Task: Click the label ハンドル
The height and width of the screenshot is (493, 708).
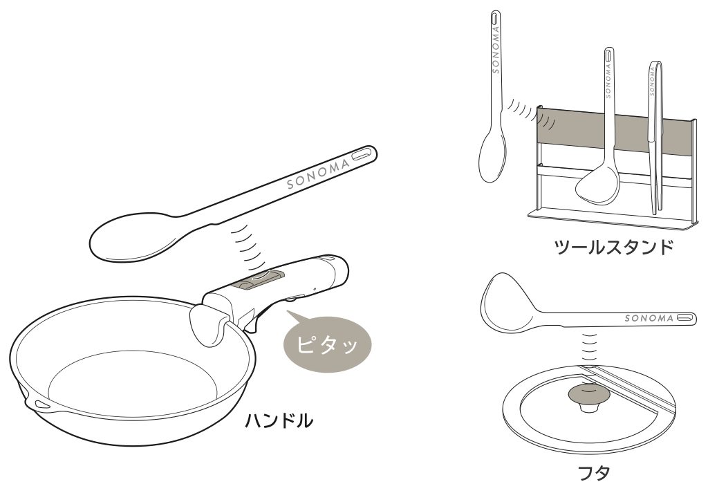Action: pyautogui.click(x=279, y=420)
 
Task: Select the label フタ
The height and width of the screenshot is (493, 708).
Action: pyautogui.click(x=594, y=473)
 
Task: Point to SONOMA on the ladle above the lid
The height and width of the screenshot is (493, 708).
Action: pyautogui.click(x=649, y=318)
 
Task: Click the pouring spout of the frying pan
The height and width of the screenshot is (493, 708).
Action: pyautogui.click(x=37, y=402)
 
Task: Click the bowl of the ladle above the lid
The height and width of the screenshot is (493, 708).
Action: pyautogui.click(x=507, y=299)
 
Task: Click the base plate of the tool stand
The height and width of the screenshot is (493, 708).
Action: pyautogui.click(x=612, y=219)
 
